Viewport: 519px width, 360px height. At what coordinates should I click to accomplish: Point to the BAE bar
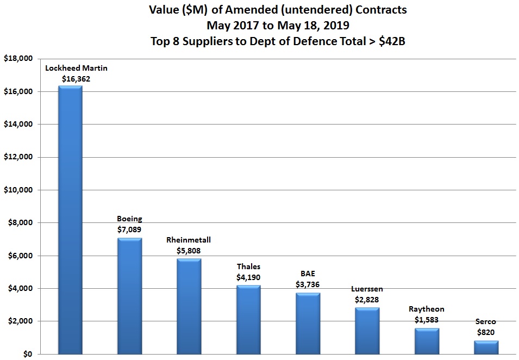pyautogui.click(x=308, y=324)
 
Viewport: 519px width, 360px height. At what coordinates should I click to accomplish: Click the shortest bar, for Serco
pyautogui.click(x=486, y=347)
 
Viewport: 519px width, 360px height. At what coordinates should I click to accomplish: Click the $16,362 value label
pyautogui.click(x=76, y=79)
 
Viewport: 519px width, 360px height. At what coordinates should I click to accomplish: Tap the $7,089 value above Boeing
pyautogui.click(x=129, y=230)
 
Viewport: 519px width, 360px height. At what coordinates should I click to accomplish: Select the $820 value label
pyautogui.click(x=486, y=332)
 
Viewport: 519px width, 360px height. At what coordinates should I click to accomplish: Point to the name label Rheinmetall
pyautogui.click(x=189, y=240)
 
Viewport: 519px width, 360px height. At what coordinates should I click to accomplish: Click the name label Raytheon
pyautogui.click(x=427, y=309)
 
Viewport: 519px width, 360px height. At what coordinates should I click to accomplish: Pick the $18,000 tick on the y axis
pyautogui.click(x=19, y=59)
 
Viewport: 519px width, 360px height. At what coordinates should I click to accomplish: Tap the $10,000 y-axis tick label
pyautogui.click(x=19, y=190)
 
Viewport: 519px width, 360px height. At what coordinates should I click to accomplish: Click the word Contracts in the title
pyautogui.click(x=376, y=10)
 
